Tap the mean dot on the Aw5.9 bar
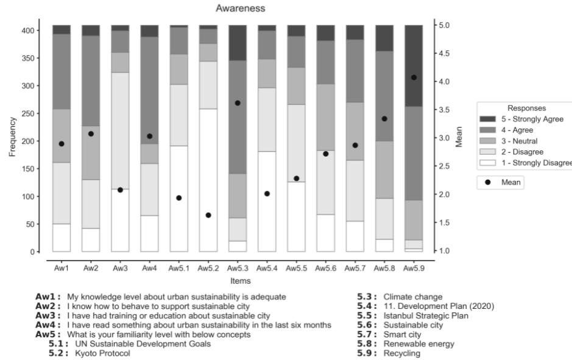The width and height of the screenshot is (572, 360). coord(414,77)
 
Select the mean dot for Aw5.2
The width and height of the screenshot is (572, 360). coord(208,215)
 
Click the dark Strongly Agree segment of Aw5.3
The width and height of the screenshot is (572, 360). coord(238,43)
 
